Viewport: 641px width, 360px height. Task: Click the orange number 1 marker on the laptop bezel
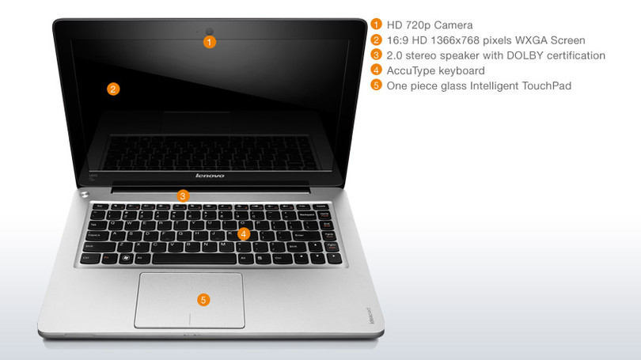209,42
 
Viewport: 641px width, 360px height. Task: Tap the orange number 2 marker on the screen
113,89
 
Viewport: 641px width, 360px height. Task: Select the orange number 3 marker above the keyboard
183,195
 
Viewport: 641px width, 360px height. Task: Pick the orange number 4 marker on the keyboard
244,233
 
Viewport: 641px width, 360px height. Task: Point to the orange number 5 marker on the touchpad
203,300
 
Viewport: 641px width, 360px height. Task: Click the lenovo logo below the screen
210,176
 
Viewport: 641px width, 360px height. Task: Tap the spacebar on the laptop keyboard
195,259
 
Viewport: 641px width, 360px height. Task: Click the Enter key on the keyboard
302,236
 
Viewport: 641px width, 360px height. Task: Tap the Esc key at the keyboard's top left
99,206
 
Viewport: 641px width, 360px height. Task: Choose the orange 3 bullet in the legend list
376,55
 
